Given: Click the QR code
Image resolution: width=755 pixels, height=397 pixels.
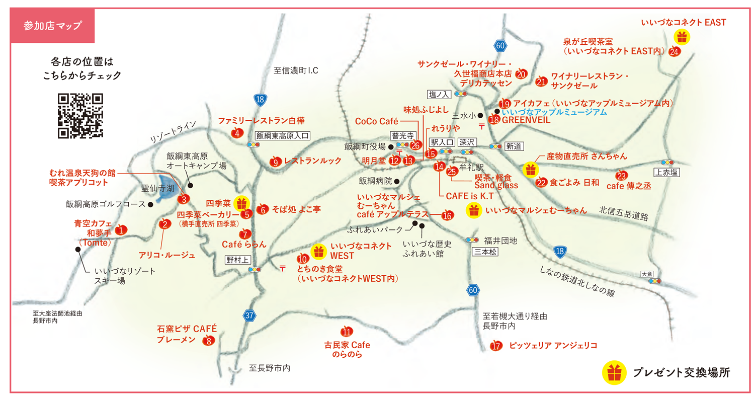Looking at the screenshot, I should (x=80, y=115).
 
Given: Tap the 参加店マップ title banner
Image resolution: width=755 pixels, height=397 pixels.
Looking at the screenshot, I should (x=52, y=25).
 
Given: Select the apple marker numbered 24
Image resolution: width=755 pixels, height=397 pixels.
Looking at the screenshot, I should (x=675, y=51).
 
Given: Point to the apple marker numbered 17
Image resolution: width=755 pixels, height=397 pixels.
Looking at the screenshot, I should (x=496, y=346).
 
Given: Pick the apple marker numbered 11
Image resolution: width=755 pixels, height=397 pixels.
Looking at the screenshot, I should (x=347, y=332).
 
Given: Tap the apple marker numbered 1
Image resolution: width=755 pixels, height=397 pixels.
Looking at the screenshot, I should (x=121, y=230).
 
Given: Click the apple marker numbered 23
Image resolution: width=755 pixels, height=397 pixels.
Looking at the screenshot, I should (x=622, y=176).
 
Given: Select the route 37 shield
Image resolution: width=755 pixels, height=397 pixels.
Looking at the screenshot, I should (x=250, y=316).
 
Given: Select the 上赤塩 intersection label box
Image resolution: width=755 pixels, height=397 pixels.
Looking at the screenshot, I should (x=667, y=173).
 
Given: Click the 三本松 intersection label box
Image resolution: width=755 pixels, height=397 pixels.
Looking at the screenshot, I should (x=485, y=252).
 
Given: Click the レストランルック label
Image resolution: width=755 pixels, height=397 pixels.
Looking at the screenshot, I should (x=312, y=161).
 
